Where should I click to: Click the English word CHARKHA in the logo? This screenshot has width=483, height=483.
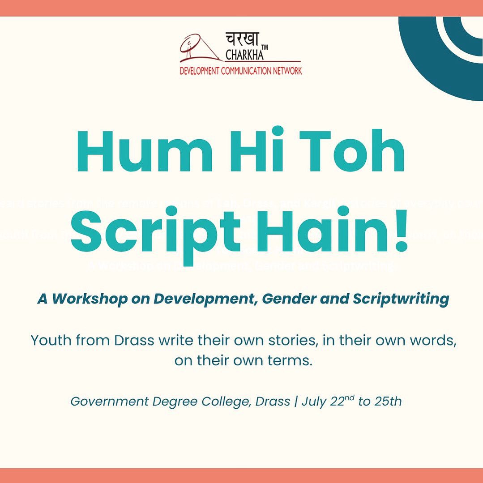click(244, 56)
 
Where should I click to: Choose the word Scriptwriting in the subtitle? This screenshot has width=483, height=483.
click(401, 299)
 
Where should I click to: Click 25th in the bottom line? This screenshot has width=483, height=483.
click(386, 402)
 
